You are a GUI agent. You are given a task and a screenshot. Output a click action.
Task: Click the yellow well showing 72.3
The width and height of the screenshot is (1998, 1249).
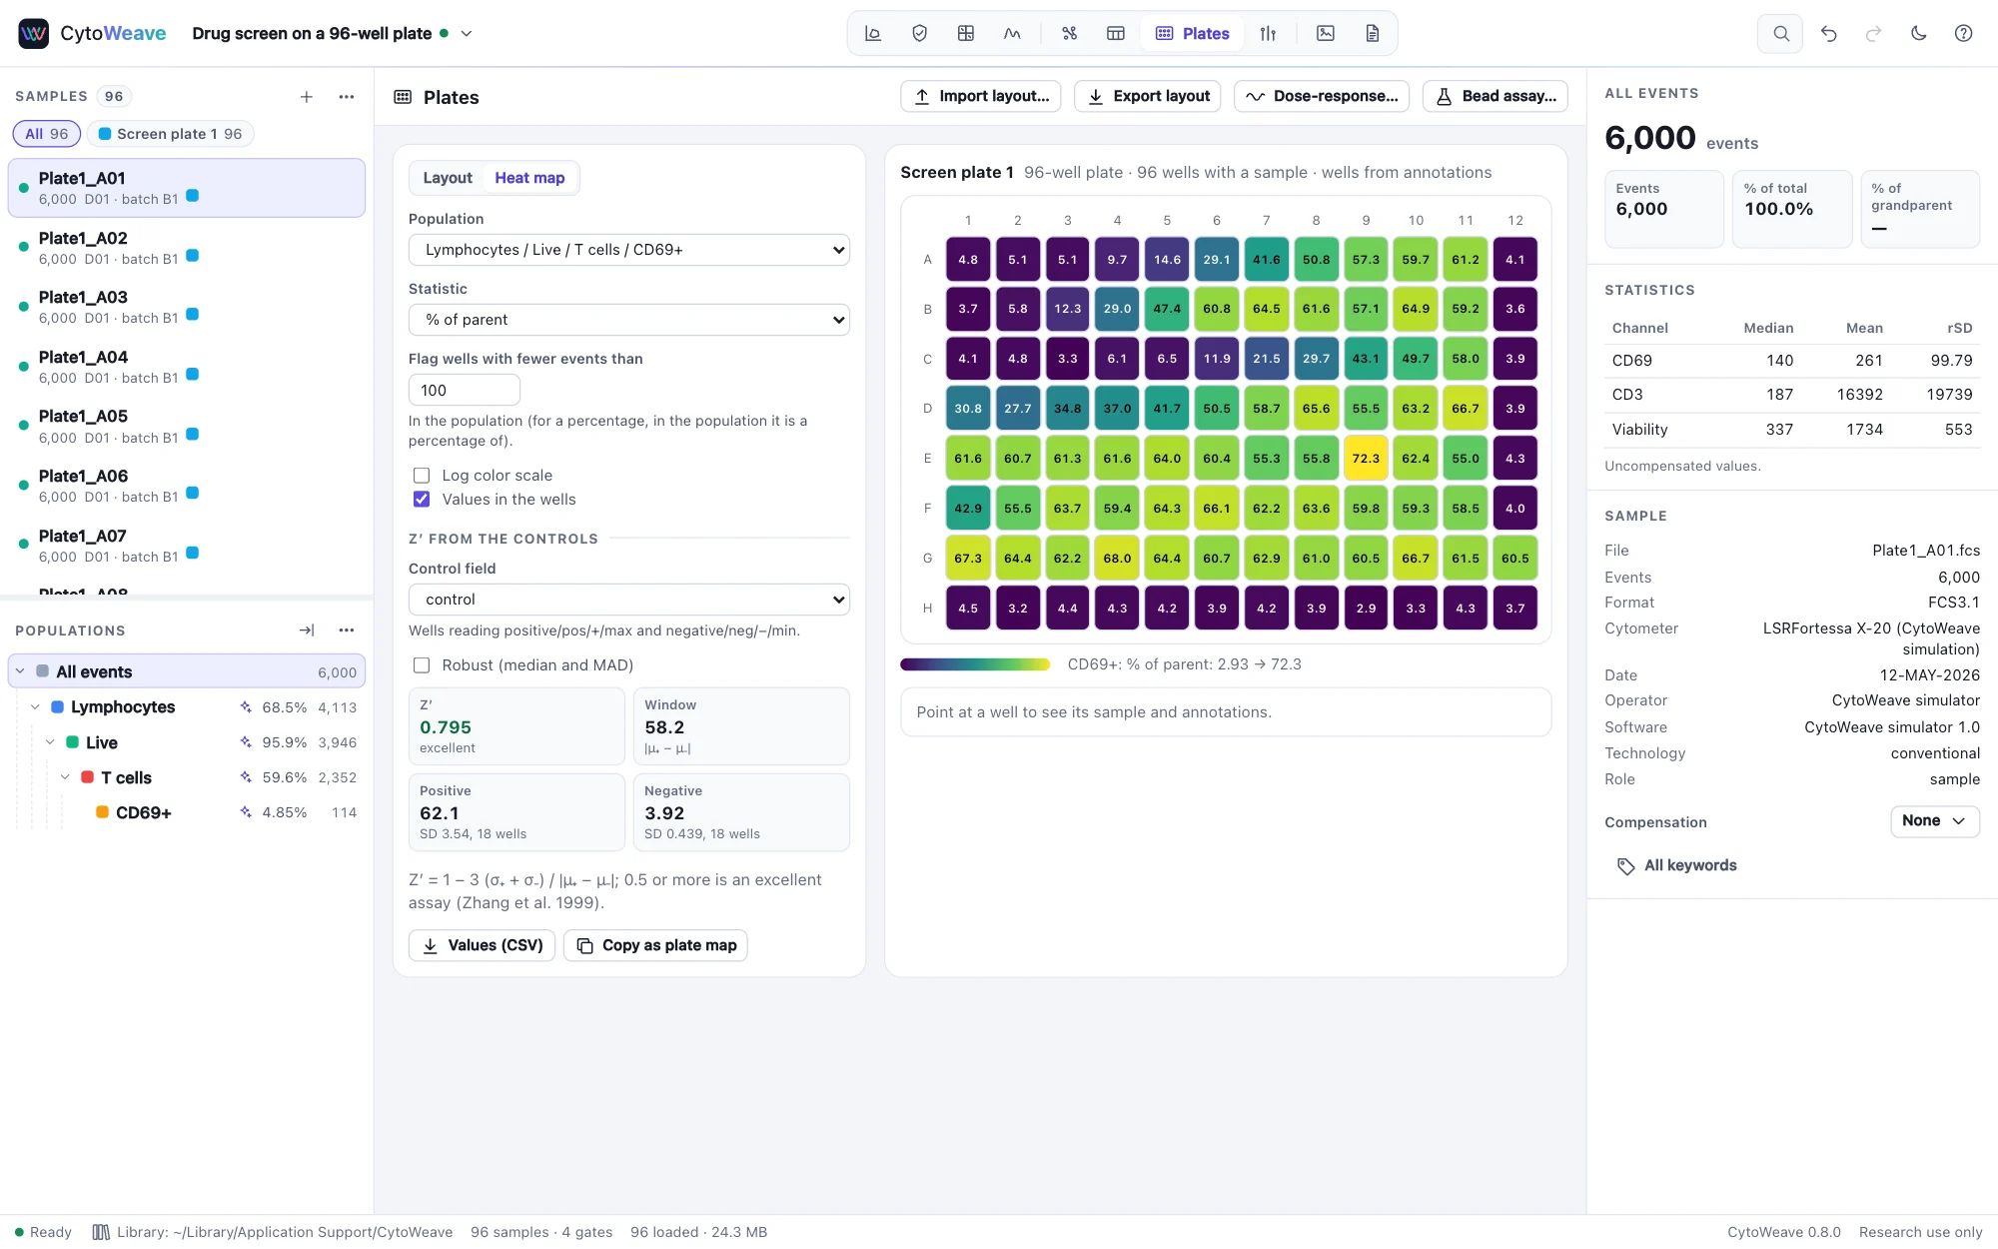point(1366,459)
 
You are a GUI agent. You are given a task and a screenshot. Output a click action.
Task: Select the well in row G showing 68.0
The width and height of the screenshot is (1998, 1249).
point(1117,559)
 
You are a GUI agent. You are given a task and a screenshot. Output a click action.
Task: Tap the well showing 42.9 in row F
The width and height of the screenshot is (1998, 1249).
point(968,509)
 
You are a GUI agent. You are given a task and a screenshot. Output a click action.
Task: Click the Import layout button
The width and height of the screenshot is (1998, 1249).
point(981,96)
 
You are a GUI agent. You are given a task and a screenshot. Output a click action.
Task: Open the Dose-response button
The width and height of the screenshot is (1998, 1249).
point(1322,96)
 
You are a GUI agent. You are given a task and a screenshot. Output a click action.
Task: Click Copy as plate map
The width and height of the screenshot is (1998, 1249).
point(655,945)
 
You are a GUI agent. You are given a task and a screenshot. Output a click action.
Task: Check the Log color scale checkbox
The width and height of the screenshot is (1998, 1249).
point(422,476)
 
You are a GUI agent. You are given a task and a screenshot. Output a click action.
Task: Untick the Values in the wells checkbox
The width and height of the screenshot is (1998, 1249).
point(422,500)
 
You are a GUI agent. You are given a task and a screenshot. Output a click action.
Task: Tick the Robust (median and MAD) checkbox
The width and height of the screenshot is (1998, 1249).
point(422,665)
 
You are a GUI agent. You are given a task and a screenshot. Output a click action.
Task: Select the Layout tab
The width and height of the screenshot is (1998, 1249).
point(448,178)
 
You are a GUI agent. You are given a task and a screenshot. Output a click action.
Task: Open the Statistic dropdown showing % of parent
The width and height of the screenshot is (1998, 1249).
point(629,320)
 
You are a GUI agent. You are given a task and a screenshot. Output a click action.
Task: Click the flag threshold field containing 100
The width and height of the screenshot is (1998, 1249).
point(465,390)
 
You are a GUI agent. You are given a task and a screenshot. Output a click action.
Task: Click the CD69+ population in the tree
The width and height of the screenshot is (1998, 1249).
point(144,812)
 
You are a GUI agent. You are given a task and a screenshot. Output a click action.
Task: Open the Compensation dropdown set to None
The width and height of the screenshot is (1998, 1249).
point(1935,821)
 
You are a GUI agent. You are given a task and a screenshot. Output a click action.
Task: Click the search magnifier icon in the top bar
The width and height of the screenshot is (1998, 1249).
point(1780,33)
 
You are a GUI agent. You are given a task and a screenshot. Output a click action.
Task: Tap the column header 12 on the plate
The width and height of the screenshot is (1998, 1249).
point(1515,220)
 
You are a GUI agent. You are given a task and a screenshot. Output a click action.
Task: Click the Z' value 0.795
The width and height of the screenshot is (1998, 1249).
point(446,727)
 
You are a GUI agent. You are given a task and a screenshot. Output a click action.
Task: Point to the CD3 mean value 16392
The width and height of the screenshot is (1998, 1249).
point(1859,395)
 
